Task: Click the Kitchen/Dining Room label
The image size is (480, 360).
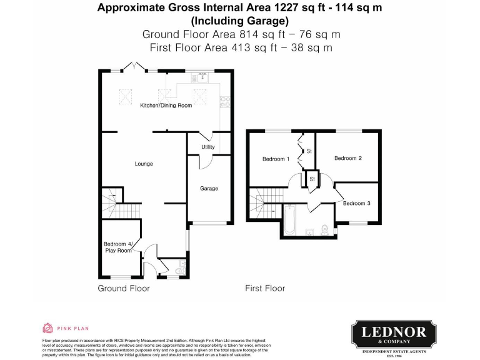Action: point(166,106)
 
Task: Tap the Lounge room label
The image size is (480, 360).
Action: point(144,164)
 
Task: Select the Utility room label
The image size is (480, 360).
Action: point(208,147)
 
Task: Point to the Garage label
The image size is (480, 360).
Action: point(209,188)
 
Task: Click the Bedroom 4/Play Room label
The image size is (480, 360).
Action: point(117,247)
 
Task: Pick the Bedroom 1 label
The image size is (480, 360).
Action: point(276,159)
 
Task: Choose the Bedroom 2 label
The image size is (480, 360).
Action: point(348,158)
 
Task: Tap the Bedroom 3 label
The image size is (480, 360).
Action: point(356,203)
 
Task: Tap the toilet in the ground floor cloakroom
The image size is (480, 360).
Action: point(181,268)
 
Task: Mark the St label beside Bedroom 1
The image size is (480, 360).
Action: point(309,151)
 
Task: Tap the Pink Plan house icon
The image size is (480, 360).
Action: point(47,327)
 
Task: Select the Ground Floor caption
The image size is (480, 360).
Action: point(124,288)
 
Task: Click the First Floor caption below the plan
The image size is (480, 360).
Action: point(265,288)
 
